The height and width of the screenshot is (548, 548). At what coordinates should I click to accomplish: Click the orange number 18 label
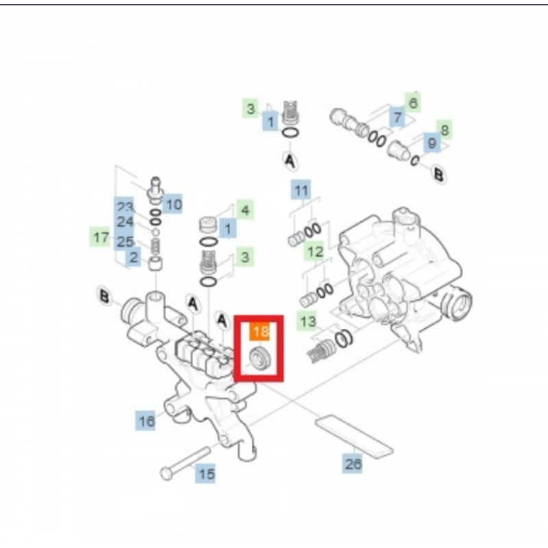click(260, 331)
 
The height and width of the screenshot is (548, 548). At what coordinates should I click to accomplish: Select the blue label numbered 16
click(146, 421)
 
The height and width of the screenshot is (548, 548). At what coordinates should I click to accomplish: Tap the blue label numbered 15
click(206, 473)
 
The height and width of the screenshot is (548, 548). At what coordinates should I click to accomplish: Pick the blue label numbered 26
click(352, 464)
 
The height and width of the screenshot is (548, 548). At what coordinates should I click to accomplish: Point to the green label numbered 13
click(307, 321)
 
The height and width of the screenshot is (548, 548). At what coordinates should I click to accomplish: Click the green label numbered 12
click(314, 251)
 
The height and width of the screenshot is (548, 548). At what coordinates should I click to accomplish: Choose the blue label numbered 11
click(301, 190)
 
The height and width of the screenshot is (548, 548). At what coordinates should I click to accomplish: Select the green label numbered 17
click(100, 236)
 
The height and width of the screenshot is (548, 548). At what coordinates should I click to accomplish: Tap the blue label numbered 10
click(173, 203)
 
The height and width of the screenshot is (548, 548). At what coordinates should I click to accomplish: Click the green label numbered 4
click(245, 210)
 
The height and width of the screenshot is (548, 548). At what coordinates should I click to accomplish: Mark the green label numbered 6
click(413, 102)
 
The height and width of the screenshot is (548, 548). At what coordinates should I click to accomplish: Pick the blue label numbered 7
click(397, 116)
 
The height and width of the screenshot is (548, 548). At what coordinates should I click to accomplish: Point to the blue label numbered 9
click(432, 142)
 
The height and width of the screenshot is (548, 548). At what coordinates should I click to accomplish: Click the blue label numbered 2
click(133, 257)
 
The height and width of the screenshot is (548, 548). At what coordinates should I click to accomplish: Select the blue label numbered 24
click(125, 221)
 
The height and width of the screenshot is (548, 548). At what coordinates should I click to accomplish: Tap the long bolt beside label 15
click(185, 463)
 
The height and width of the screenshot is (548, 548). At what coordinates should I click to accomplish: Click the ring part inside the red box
click(260, 358)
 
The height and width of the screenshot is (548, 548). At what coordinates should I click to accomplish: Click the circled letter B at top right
click(438, 174)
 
